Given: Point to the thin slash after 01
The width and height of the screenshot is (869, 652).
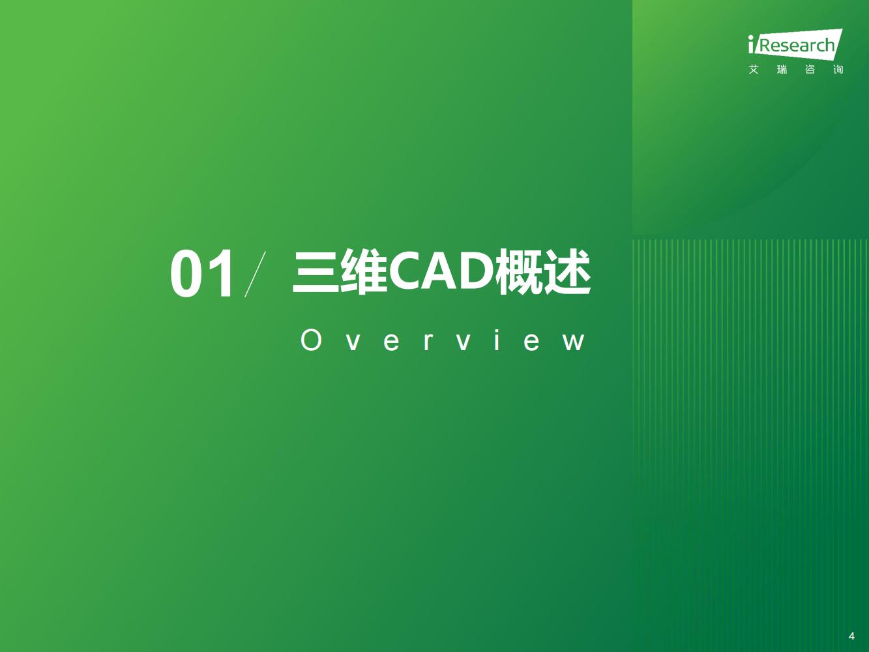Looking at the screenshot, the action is [x=255, y=274].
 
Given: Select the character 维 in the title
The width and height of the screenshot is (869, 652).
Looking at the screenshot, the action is [x=364, y=272].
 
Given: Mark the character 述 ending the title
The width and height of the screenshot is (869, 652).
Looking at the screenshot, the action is [x=568, y=272].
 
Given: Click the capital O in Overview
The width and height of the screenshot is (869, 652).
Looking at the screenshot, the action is [x=311, y=340].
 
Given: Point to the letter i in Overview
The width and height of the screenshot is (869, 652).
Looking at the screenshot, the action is [x=497, y=340].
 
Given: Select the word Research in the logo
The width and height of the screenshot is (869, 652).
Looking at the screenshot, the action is [x=797, y=45].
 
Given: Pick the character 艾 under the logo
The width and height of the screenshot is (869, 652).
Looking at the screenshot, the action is [x=754, y=70].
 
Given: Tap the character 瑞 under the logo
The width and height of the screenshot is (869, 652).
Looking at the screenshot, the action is [x=782, y=70].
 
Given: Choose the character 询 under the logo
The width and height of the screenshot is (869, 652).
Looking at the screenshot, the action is [x=838, y=70].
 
